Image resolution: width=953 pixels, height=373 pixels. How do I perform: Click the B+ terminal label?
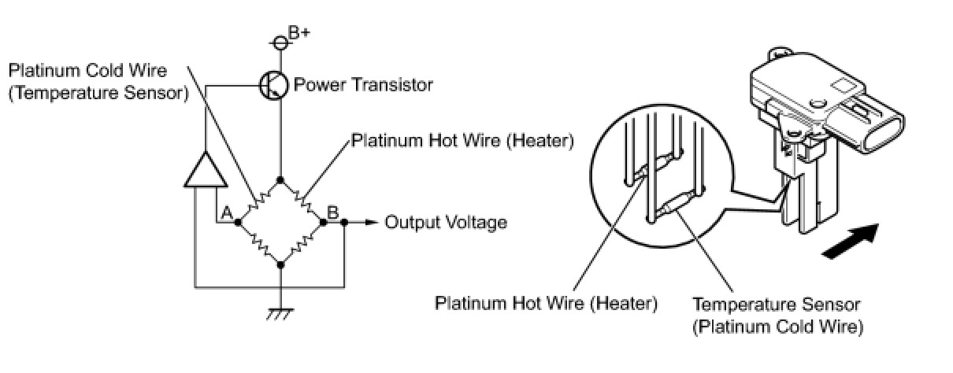[298, 33]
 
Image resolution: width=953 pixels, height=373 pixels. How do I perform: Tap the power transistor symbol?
[273, 84]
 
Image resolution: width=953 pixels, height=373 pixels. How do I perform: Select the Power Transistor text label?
[363, 84]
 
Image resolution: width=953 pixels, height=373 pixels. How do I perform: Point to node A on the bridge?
[237, 223]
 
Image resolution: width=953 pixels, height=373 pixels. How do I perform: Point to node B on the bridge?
[324, 223]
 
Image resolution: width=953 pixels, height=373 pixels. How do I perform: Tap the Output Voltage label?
[446, 223]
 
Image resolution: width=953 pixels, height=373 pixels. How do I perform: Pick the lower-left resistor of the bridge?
[259, 245]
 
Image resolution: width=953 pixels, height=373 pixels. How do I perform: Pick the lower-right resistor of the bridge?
[302, 245]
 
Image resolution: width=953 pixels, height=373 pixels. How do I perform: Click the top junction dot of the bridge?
[281, 180]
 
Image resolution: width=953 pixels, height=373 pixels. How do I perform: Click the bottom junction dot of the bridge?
[281, 265]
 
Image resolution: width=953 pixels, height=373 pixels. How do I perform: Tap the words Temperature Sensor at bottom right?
[777, 304]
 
